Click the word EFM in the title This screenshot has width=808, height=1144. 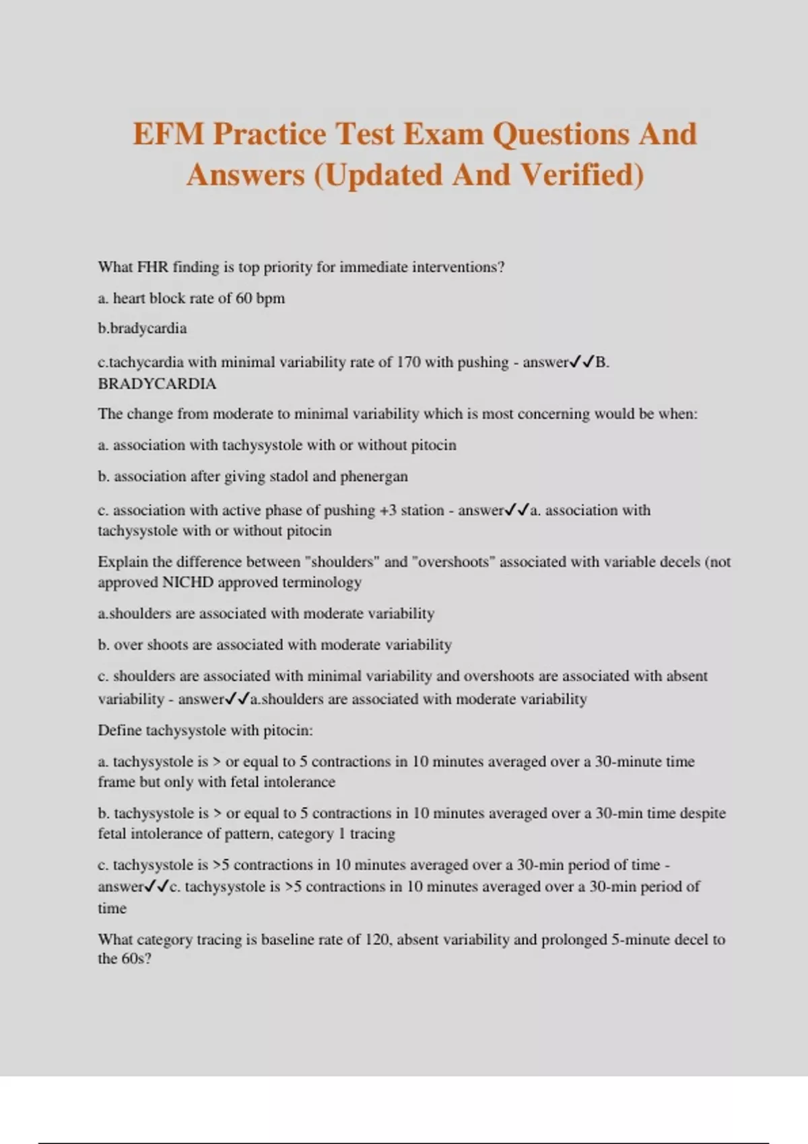(168, 134)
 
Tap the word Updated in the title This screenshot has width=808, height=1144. (382, 175)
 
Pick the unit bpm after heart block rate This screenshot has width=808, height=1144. (270, 298)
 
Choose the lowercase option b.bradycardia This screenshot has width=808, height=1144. (142, 328)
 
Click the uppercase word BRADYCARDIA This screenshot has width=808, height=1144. (157, 384)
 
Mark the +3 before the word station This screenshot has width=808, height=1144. (388, 510)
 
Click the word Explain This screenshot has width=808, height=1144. (121, 562)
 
